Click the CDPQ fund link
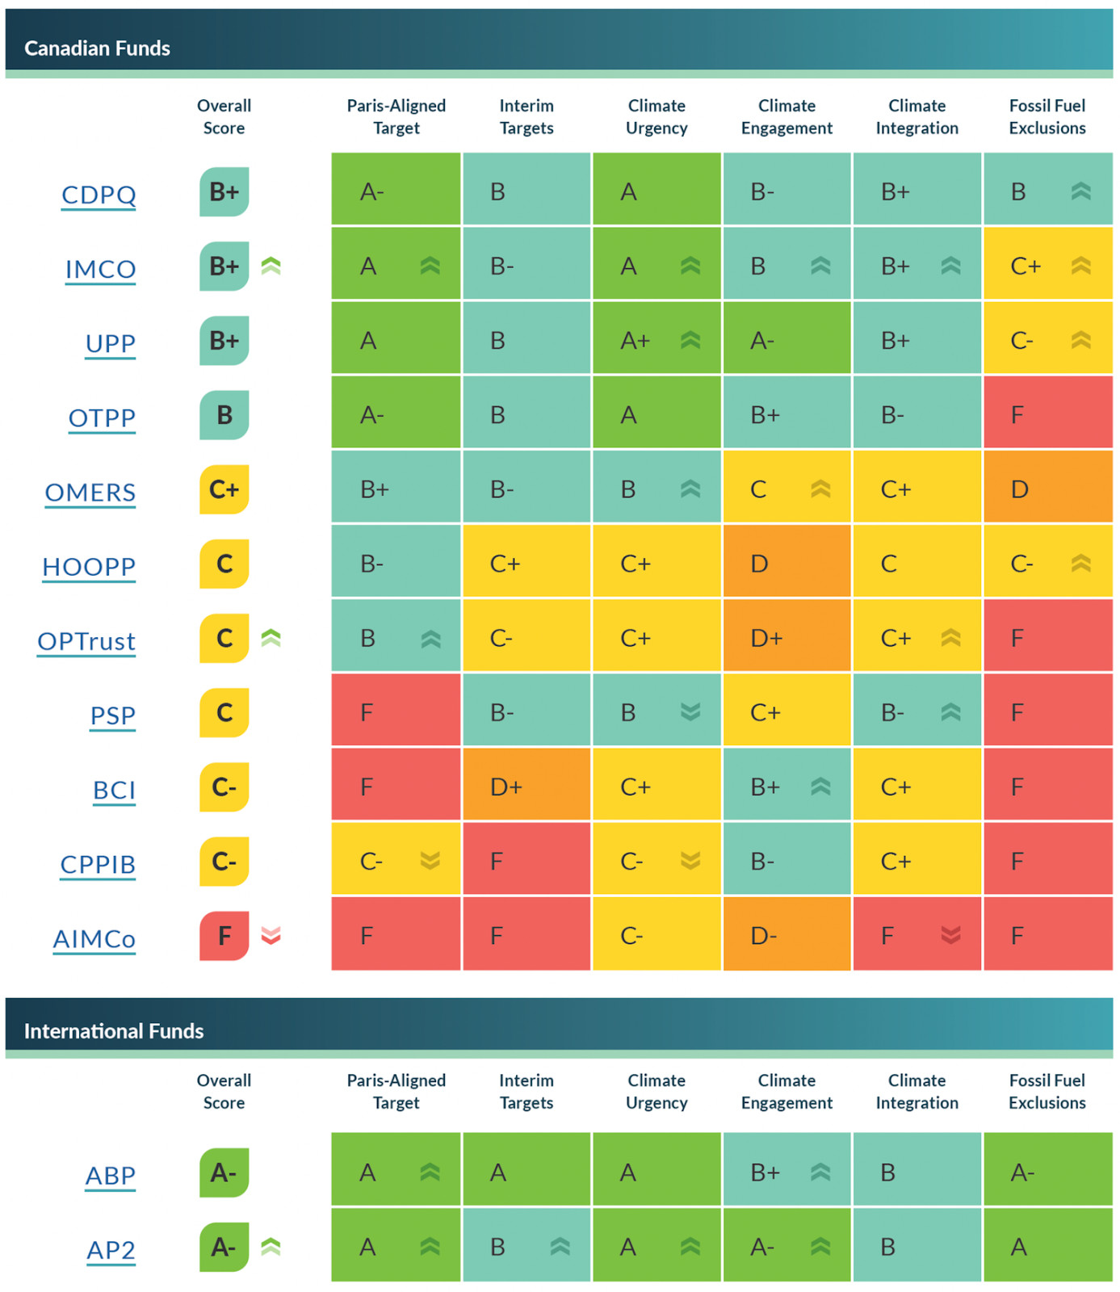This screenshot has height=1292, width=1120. (x=99, y=195)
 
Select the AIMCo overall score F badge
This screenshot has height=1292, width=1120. (x=224, y=935)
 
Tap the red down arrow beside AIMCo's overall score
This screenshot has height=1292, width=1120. (x=271, y=935)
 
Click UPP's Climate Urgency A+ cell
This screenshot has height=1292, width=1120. (x=656, y=341)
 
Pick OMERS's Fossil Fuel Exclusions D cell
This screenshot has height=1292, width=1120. (x=1047, y=489)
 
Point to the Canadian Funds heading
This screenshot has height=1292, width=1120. (x=97, y=48)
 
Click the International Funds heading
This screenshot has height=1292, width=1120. (x=114, y=1031)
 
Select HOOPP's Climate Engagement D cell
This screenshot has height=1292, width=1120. (x=787, y=564)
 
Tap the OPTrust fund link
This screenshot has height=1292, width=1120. (x=86, y=641)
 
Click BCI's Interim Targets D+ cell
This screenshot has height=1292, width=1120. (x=526, y=787)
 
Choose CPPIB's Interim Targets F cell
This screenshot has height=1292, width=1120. (x=526, y=861)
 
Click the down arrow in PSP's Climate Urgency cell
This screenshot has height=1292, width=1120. (x=690, y=712)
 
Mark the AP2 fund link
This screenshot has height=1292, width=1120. (x=111, y=1250)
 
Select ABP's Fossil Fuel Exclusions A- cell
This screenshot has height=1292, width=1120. (x=1047, y=1172)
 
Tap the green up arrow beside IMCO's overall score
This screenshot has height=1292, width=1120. (x=271, y=266)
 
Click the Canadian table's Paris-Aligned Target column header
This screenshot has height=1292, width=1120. (x=396, y=117)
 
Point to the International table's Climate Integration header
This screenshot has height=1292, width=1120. (x=917, y=1092)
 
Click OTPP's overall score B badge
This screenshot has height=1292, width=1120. (x=224, y=415)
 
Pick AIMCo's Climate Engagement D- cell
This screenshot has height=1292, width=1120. (x=787, y=935)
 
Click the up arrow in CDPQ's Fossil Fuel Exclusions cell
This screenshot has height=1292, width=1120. (x=1081, y=191)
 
